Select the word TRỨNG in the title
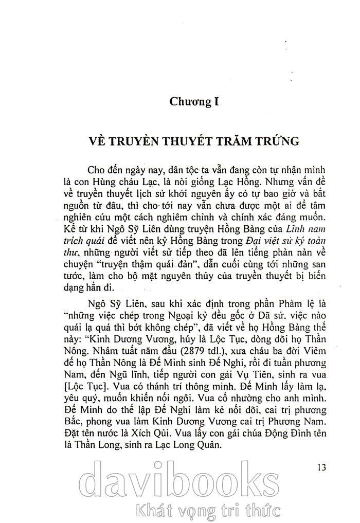tap(269, 141)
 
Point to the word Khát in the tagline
tap(147, 511)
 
